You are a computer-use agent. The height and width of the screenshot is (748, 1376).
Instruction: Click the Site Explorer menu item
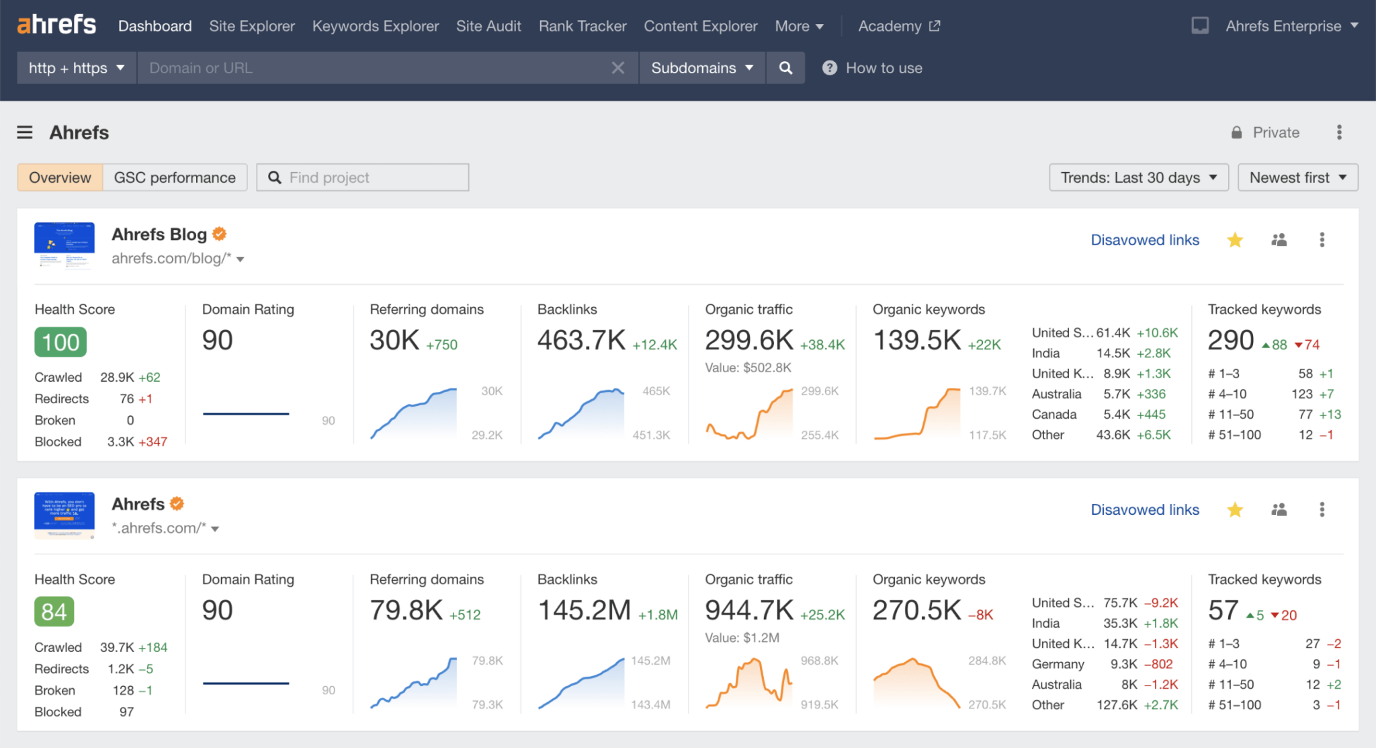click(x=252, y=26)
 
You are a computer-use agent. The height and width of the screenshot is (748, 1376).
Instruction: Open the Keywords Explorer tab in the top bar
click(x=375, y=26)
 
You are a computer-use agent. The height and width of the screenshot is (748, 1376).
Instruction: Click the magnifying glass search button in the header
click(x=785, y=68)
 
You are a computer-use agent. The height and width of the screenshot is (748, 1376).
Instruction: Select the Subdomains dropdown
click(x=701, y=68)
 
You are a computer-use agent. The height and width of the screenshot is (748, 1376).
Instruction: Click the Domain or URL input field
click(x=376, y=68)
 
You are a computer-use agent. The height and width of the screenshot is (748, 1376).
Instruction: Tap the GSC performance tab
click(x=175, y=177)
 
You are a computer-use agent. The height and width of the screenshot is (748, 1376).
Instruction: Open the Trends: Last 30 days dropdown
click(x=1138, y=177)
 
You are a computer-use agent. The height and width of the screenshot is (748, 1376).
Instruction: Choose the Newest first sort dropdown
click(x=1297, y=177)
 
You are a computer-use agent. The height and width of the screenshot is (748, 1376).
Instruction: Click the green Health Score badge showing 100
click(x=60, y=342)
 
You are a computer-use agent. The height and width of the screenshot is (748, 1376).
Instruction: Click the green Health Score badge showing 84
click(x=54, y=612)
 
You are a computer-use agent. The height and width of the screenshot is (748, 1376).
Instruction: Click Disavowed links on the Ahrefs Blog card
click(x=1144, y=240)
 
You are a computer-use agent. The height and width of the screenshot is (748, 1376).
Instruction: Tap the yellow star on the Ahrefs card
click(x=1234, y=510)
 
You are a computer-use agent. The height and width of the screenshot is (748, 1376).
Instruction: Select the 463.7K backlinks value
click(x=581, y=340)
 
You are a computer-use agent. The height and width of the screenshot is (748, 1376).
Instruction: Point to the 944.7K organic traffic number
click(x=749, y=610)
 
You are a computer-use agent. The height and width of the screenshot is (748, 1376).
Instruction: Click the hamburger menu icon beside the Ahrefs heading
click(x=25, y=132)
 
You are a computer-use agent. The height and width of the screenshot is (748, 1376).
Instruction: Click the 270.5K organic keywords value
click(x=916, y=610)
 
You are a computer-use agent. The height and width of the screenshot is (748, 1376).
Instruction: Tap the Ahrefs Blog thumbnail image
click(x=64, y=246)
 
